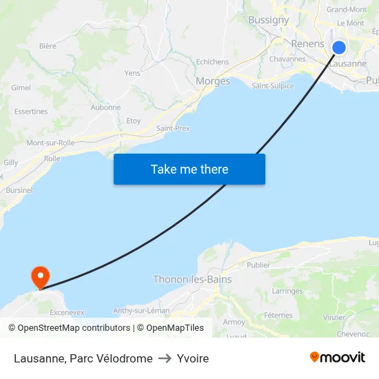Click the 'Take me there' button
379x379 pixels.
(x=189, y=169)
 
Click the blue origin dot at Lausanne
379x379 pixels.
(x=339, y=47)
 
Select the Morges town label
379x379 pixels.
(x=213, y=81)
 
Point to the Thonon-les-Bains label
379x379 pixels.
(x=192, y=280)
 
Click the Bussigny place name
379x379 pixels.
(x=268, y=20)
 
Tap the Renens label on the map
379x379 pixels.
(x=307, y=43)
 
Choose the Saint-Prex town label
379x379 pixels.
(x=173, y=128)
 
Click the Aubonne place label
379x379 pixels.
(x=105, y=107)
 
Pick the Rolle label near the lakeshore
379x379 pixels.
(x=52, y=158)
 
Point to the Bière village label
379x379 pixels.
(x=48, y=46)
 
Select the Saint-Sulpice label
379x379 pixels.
(x=272, y=86)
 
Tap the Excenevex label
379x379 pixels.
(x=67, y=312)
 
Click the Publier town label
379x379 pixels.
(x=258, y=265)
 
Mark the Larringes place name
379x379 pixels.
(x=287, y=291)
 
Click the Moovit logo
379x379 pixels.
(x=338, y=357)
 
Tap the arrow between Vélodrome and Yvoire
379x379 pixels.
(x=165, y=358)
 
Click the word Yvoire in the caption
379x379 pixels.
(x=193, y=358)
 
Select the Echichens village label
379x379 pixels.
(x=212, y=62)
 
